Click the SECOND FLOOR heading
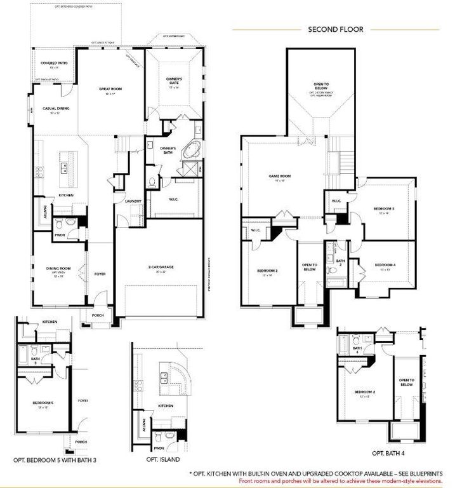click(x=335, y=29)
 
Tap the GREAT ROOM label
click(x=109, y=90)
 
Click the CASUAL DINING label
click(x=56, y=108)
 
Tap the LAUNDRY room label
click(x=133, y=201)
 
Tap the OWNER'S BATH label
click(x=168, y=149)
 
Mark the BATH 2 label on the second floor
click(x=340, y=262)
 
